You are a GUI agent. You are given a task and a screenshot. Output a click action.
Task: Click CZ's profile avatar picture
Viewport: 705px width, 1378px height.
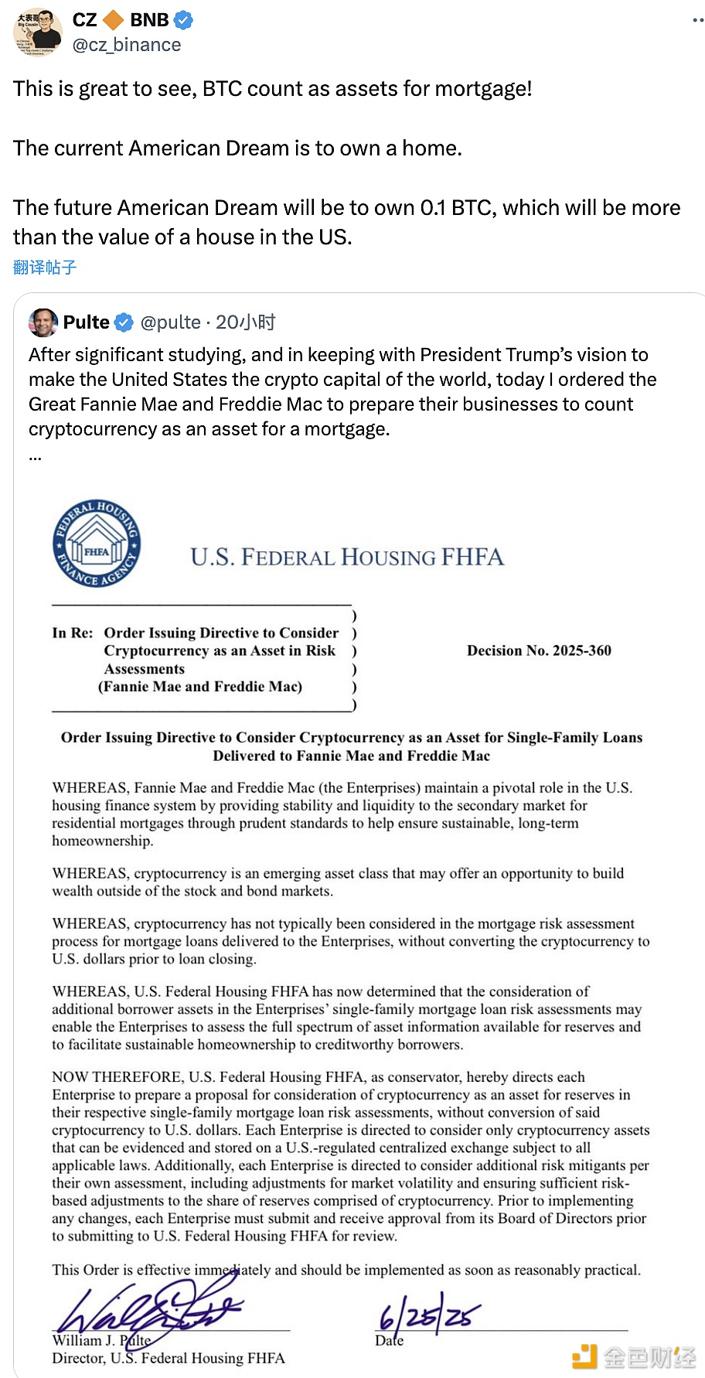(38, 32)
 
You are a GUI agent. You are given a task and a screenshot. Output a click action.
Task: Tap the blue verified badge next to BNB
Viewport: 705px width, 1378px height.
(183, 20)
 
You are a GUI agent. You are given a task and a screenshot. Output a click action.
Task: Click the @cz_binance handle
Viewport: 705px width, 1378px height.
(127, 45)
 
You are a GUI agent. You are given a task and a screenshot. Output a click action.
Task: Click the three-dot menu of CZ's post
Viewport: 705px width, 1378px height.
(697, 20)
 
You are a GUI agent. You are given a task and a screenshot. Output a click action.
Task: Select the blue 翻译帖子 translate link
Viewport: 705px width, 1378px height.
(45, 268)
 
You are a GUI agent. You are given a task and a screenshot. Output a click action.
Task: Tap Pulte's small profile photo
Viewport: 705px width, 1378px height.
(43, 322)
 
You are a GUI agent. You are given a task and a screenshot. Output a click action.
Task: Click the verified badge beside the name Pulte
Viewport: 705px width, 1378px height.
(124, 322)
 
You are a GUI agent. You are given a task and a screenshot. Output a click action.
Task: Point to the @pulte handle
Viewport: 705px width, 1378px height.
(171, 322)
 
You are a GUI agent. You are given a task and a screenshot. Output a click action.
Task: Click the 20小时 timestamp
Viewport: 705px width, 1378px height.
(246, 322)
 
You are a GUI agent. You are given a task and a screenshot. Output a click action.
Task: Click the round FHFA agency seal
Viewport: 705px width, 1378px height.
(97, 543)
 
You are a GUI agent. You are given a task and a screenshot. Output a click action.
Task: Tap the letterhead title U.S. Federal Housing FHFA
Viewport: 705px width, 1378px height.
(347, 557)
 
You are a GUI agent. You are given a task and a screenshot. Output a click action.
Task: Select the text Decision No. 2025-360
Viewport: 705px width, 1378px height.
(539, 650)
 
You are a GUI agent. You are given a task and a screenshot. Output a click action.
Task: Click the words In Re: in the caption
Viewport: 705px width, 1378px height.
(72, 633)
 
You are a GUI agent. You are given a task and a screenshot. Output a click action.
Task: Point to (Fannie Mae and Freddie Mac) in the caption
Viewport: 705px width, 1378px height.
(200, 687)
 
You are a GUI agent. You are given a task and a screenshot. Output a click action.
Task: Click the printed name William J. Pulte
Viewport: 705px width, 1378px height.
(101, 1340)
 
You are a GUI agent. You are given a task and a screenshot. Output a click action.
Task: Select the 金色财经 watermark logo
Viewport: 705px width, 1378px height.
(634, 1356)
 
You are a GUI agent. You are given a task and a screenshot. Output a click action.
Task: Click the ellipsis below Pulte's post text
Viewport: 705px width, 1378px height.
(35, 456)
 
